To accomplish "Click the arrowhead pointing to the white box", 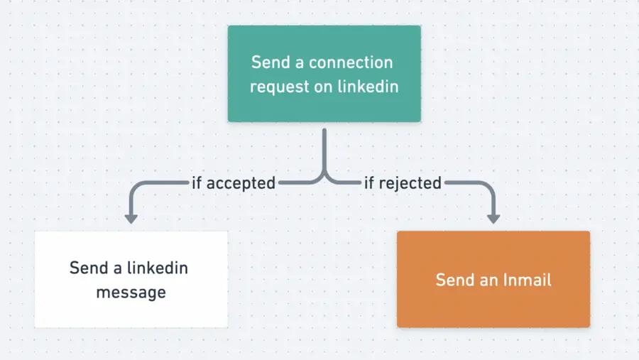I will tap(131, 217).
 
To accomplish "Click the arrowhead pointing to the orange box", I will tap(493, 217).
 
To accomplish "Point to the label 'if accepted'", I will tap(234, 183).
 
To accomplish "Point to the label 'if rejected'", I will tap(403, 183).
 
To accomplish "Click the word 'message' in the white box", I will tap(131, 292).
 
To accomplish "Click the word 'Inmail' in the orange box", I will tap(526, 280).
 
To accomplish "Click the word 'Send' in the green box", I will tap(270, 62).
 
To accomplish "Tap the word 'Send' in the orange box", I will tap(454, 280).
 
